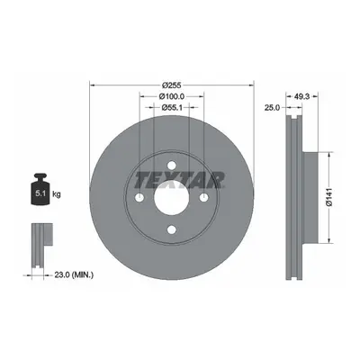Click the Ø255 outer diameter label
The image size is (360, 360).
pyautogui.click(x=172, y=85)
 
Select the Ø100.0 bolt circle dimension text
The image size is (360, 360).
pyautogui.click(x=172, y=96)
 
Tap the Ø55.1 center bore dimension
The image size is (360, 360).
pyautogui.click(x=172, y=107)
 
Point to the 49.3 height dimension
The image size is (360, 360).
pyautogui.click(x=301, y=96)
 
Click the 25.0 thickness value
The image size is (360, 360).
pyautogui.click(x=272, y=107)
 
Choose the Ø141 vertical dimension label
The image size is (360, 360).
pyautogui.click(x=329, y=197)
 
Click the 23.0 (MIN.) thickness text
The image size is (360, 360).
pyautogui.click(x=74, y=274)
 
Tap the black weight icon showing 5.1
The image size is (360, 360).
pyautogui.click(x=40, y=189)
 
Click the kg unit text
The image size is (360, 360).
pyautogui.click(x=57, y=194)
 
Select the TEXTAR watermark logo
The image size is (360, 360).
pyautogui.click(x=179, y=180)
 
